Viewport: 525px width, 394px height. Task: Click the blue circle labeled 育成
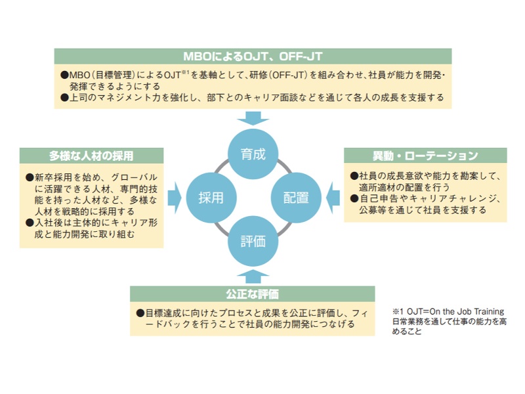pos(253,154)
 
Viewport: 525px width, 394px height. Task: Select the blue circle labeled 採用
pos(211,198)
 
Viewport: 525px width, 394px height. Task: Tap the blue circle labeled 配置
pos(296,198)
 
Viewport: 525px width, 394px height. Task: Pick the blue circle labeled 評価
pos(253,241)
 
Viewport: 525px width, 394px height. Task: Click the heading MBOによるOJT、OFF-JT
pos(253,56)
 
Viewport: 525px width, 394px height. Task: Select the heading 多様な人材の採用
pos(91,156)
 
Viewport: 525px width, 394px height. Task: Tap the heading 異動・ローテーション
pos(425,156)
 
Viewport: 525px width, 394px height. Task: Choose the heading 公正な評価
pos(252,294)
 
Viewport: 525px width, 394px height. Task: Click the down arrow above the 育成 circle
pos(253,118)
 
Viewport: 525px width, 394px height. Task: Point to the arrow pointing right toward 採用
pos(174,198)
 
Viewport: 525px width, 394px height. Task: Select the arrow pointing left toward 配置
pos(333,198)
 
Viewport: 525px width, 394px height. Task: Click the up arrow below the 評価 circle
pos(253,276)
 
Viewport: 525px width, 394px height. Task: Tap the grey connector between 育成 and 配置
pos(284,167)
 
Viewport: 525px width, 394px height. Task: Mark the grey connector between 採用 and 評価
pos(222,229)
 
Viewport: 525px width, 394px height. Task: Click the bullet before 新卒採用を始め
pos(30,177)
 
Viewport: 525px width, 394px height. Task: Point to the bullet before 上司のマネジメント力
pos(64,98)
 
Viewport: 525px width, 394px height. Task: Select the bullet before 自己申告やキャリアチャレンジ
pos(354,199)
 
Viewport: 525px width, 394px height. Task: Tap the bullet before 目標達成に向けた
pos(140,313)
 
